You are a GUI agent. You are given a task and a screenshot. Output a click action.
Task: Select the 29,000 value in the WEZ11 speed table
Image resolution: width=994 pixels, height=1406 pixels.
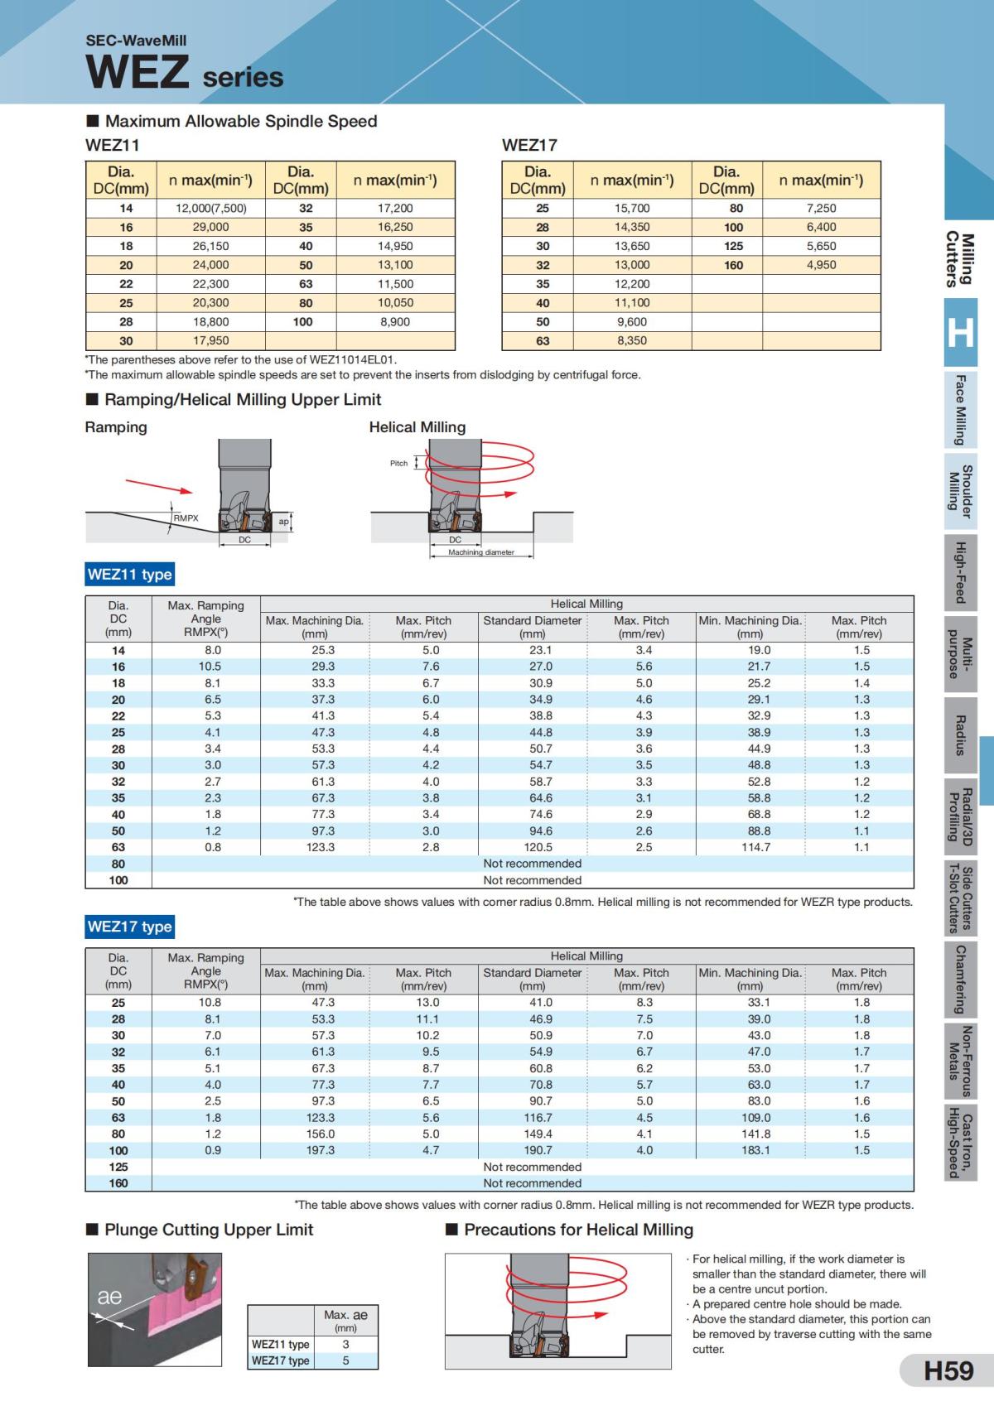click(210, 227)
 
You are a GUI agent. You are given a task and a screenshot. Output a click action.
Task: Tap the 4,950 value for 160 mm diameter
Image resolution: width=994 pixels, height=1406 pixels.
click(821, 265)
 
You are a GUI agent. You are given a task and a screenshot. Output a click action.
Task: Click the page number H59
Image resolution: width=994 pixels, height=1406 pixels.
click(948, 1370)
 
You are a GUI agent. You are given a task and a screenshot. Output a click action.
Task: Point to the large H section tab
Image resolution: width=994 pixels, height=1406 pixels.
click(960, 332)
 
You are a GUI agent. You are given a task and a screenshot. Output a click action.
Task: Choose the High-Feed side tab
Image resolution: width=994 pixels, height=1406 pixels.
click(960, 572)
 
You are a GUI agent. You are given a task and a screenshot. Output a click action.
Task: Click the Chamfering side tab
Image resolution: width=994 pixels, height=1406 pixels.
click(960, 980)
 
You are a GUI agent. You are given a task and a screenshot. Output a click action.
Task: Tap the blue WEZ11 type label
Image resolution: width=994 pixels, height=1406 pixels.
click(130, 575)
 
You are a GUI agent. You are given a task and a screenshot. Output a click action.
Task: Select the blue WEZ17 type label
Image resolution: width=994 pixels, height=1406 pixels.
click(130, 927)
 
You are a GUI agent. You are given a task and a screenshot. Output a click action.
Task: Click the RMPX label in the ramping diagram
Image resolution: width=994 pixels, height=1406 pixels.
click(186, 518)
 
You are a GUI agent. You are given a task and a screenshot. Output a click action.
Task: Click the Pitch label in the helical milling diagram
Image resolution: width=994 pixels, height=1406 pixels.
click(398, 463)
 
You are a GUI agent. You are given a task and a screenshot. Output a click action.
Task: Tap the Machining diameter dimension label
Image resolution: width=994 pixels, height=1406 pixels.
click(481, 552)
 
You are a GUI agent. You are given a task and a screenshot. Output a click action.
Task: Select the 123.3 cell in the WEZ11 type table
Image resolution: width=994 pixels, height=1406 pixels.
click(321, 847)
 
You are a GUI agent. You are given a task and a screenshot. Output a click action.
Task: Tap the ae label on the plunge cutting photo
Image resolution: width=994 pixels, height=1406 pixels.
click(109, 1297)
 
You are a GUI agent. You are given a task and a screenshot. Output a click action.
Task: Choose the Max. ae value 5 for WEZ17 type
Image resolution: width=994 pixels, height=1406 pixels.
click(345, 1360)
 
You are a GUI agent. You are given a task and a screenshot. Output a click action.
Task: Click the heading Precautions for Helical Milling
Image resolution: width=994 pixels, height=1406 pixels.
click(578, 1230)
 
